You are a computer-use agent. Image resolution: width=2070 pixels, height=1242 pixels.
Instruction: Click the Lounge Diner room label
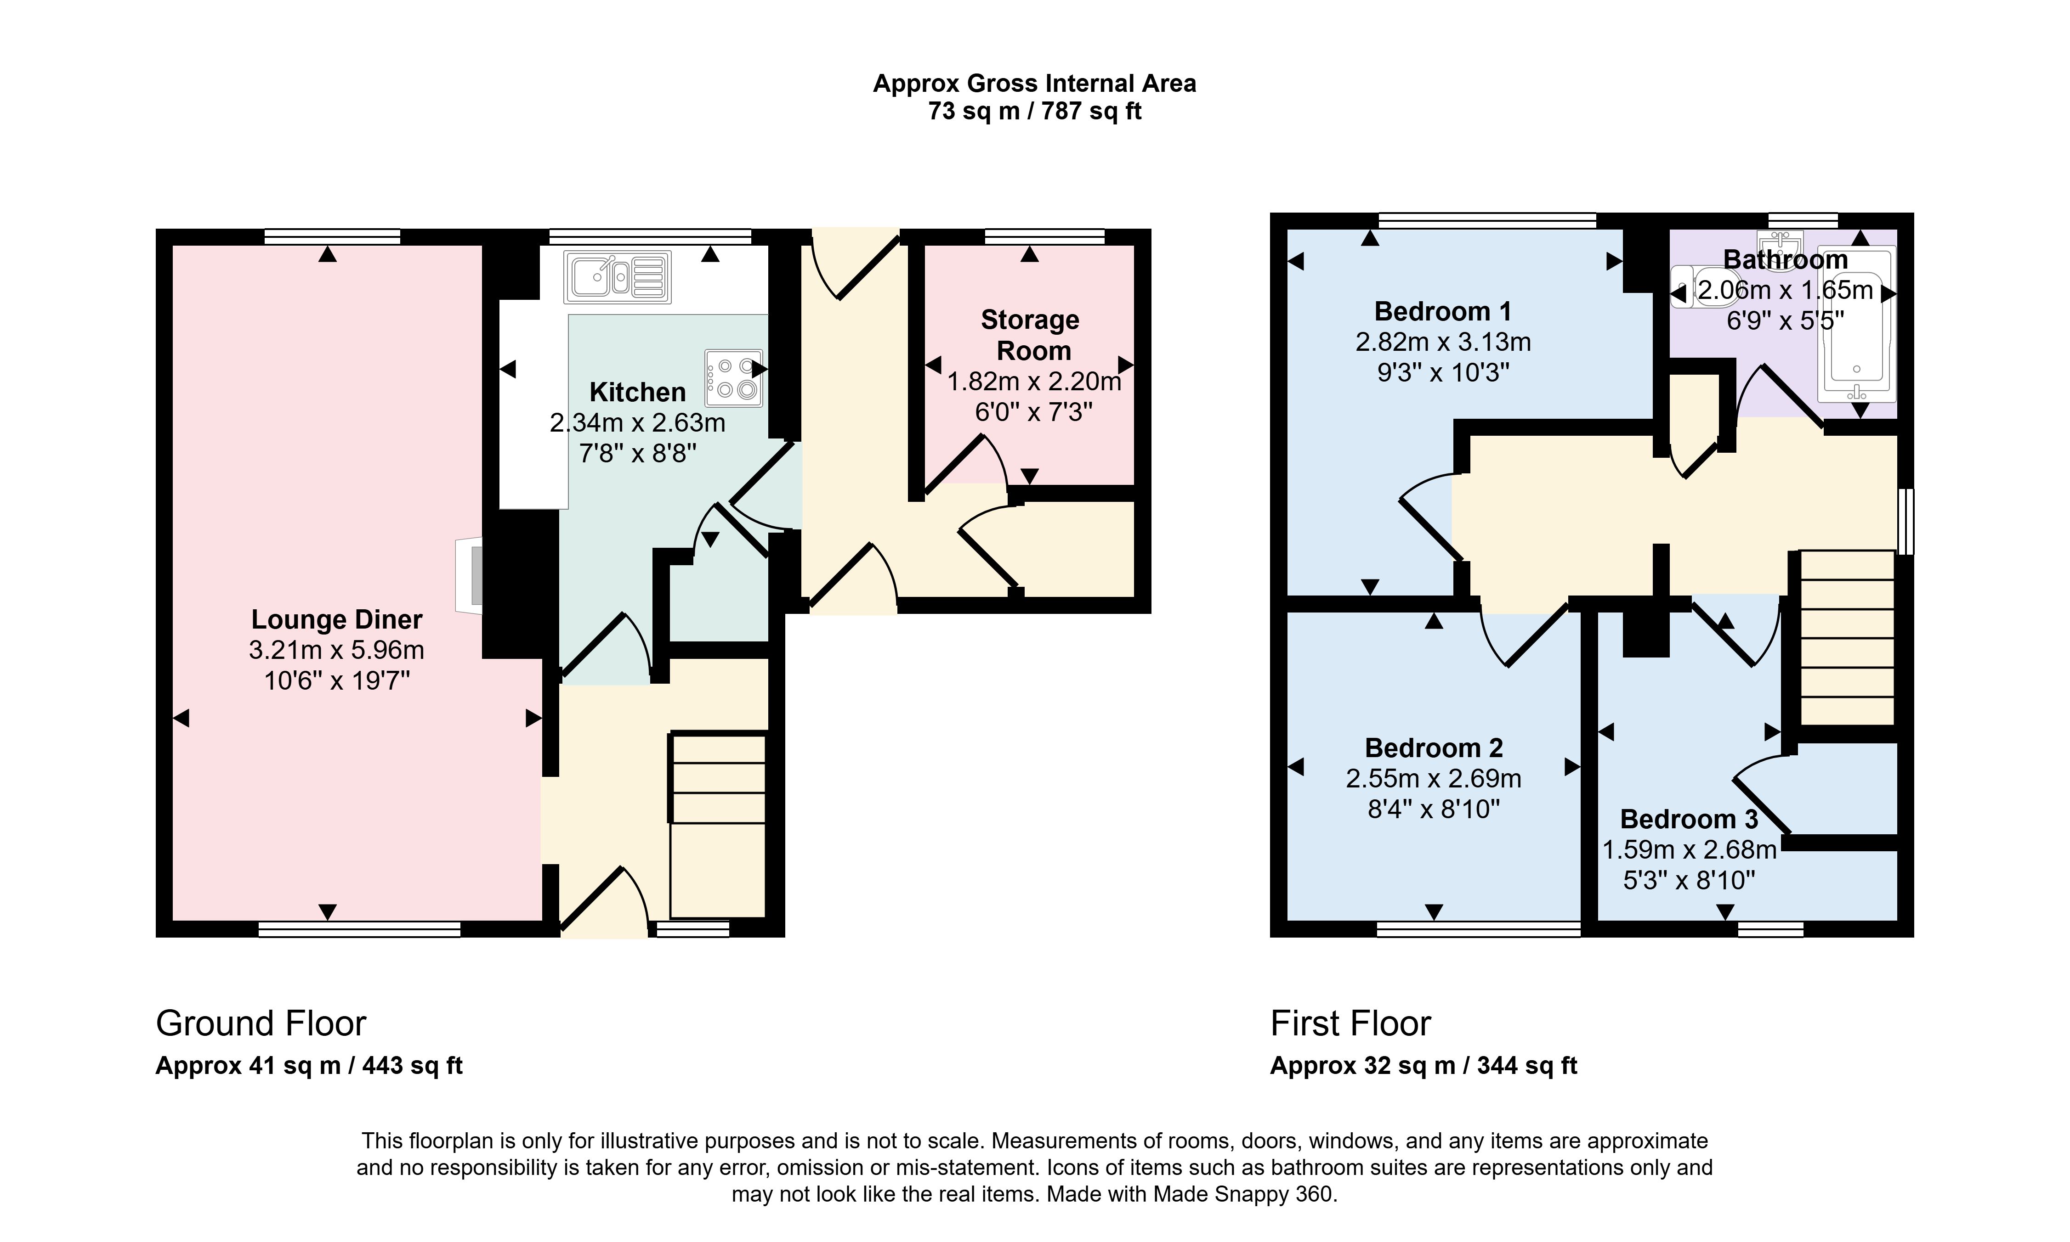(337, 619)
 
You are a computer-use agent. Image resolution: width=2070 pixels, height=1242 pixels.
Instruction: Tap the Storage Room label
(1031, 335)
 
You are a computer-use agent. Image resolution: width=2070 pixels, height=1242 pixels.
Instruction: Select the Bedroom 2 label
(1434, 747)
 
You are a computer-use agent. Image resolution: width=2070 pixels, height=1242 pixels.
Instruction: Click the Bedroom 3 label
(1688, 819)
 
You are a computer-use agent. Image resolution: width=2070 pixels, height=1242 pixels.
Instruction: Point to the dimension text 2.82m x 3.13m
(1443, 342)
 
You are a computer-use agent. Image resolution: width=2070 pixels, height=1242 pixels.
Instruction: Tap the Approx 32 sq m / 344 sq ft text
(1423, 1065)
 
